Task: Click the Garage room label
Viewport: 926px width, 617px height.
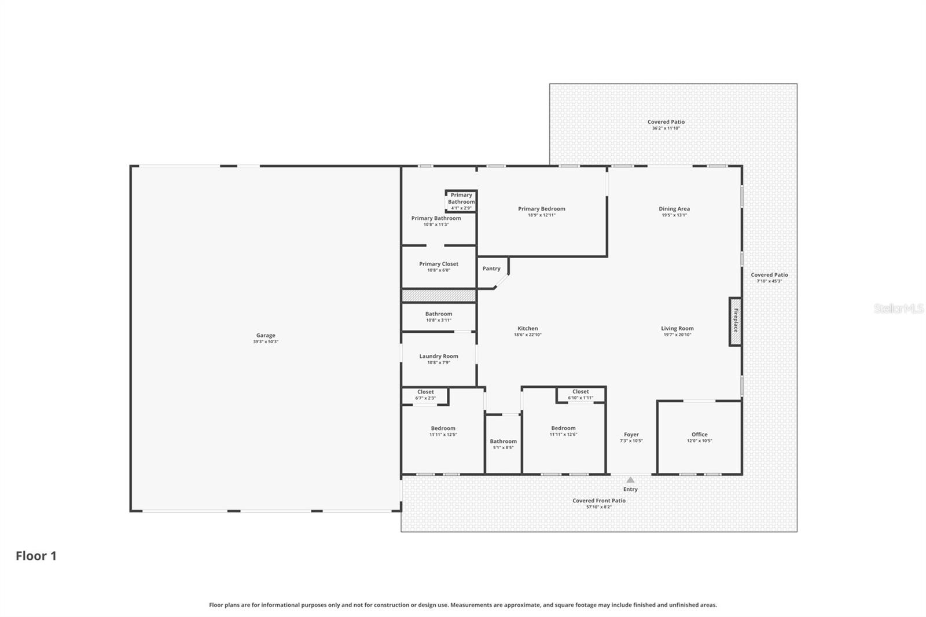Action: click(266, 335)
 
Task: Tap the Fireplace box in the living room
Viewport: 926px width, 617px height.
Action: click(735, 322)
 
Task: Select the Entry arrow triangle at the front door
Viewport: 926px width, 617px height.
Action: click(630, 480)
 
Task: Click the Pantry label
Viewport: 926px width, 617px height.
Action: click(491, 269)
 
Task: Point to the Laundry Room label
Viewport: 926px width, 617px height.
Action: click(439, 356)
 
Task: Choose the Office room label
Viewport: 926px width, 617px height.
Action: click(699, 434)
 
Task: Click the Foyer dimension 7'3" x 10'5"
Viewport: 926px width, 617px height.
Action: click(631, 441)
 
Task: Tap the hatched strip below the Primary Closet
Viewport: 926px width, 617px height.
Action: click(439, 296)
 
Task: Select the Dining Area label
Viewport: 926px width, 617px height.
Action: click(674, 208)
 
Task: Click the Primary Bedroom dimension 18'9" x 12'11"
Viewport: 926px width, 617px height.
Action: click(541, 215)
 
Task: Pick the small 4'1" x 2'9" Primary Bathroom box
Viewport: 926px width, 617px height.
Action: click(461, 201)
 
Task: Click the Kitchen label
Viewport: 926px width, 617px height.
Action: click(527, 328)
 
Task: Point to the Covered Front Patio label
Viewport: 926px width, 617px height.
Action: click(599, 501)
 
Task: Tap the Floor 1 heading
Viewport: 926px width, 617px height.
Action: click(36, 556)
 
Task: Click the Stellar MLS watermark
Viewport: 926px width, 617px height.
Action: click(898, 308)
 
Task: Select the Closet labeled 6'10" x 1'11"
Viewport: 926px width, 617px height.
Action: click(580, 394)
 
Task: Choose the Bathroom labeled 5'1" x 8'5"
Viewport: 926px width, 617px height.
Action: click(503, 444)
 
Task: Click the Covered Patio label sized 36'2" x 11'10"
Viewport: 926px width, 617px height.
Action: click(666, 122)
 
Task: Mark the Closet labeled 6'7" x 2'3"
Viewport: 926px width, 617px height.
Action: click(425, 395)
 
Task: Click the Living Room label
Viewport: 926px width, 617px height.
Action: click(677, 328)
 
